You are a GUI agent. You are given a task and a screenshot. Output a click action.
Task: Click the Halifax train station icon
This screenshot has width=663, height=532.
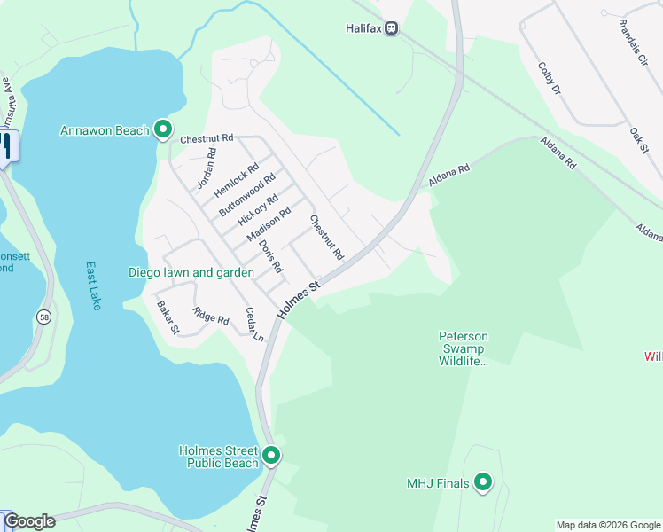391,28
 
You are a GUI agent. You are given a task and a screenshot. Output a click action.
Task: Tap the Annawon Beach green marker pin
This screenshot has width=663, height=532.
163,130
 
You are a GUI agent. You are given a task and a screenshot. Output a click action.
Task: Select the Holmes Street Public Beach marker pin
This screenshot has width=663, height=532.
271,456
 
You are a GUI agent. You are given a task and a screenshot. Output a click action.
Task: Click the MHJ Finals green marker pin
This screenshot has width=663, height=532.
483,482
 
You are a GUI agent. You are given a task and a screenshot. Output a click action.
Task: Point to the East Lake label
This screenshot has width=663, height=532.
93,285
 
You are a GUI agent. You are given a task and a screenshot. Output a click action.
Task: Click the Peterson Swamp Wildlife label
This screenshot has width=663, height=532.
464,348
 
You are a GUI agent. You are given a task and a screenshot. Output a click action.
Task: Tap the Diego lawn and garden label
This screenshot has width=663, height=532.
184,272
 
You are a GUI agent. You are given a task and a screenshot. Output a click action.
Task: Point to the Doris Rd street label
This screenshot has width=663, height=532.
270,255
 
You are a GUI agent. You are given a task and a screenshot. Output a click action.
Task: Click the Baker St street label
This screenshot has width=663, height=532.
168,317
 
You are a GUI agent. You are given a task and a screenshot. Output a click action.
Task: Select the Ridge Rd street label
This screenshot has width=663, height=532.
211,317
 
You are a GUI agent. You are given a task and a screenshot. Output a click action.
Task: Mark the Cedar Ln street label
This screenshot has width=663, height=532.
255,325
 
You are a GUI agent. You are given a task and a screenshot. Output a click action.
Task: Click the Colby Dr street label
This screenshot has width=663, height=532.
550,78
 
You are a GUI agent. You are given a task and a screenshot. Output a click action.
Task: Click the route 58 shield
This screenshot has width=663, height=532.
44,316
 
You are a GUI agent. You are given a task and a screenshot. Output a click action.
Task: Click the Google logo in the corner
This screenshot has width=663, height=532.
29,521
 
